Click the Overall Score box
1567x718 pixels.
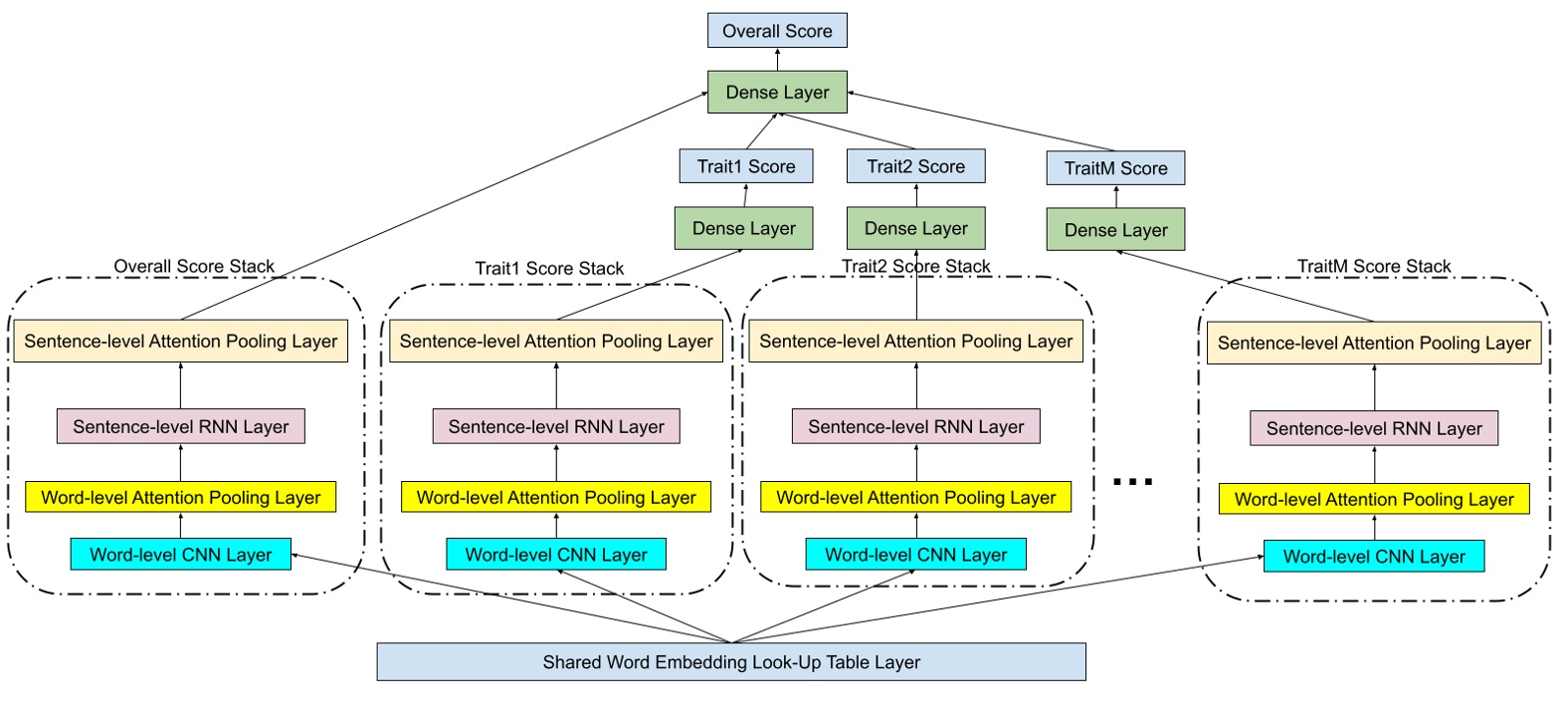point(777,31)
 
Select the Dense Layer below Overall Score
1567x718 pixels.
point(777,93)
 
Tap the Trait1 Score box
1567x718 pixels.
point(745,166)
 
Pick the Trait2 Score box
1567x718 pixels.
point(915,166)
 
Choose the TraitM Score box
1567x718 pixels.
point(1115,168)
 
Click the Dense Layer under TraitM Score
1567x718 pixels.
point(1115,230)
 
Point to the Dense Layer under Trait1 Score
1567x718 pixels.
point(743,228)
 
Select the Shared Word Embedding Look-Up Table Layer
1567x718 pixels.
point(731,662)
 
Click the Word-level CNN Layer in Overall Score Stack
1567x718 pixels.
point(180,555)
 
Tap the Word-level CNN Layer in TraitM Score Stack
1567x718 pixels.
point(1373,557)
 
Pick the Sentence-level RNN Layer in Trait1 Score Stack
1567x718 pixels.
point(556,427)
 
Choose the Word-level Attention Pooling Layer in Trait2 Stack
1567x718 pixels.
point(915,497)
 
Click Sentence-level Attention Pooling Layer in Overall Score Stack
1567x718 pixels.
point(180,342)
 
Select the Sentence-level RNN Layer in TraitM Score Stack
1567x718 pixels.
point(1373,429)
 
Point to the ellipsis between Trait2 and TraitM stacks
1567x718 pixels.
point(1132,482)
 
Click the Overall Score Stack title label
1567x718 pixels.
point(194,266)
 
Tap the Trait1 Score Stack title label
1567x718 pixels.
point(549,268)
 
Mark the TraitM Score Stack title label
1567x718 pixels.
point(1373,266)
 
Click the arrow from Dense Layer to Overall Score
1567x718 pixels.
point(777,59)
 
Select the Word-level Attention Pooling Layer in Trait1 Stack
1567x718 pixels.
point(556,497)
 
